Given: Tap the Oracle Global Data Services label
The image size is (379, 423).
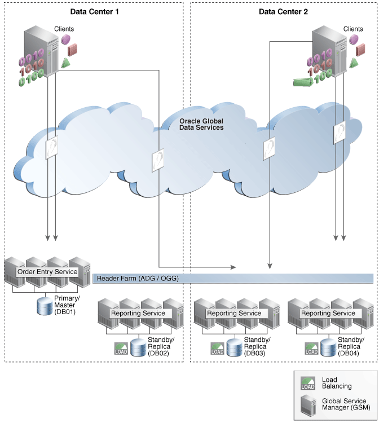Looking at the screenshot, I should pos(201,124).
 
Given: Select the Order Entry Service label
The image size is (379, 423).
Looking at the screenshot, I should pos(48,271).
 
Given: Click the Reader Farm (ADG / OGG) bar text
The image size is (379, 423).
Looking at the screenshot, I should pos(139,278).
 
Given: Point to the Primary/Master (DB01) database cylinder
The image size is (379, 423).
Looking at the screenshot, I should pos(44,307).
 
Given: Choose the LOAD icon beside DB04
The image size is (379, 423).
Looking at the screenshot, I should pos(312,348).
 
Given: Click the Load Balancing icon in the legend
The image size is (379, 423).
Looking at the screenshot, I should pos(307,383).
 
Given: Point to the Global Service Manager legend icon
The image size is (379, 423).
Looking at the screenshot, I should pos(307,406).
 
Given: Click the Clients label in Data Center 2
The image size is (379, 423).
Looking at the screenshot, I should pos(353,29).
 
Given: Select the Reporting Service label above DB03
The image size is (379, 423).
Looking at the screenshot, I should pos(234,312).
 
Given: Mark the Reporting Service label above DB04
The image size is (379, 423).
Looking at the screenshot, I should pos(328,312).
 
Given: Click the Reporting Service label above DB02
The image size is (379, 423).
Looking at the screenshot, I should pos(138,312).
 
